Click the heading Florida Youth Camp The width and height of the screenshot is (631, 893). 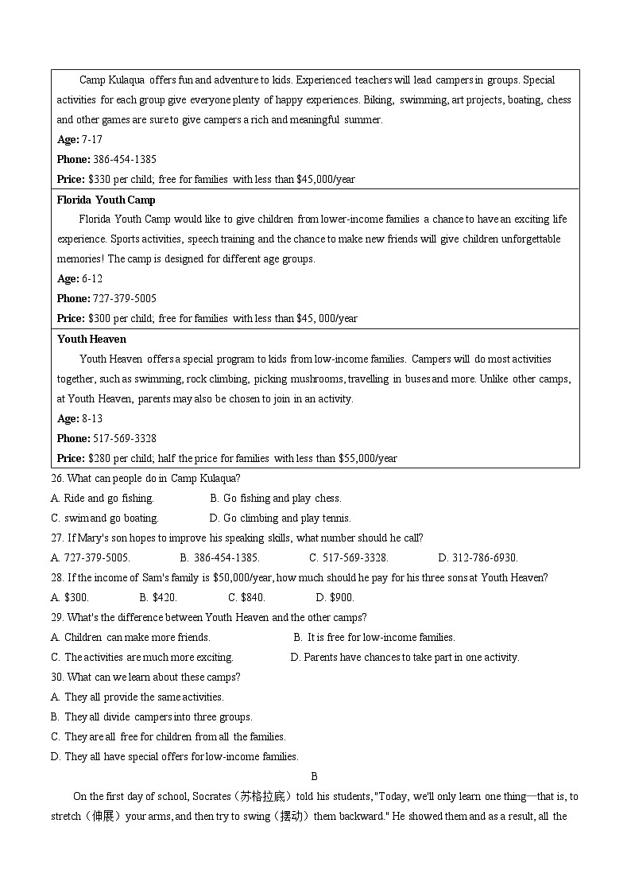(x=106, y=200)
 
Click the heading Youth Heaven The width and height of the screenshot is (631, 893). (x=91, y=339)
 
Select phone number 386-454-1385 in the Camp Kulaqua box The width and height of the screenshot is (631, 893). (x=124, y=159)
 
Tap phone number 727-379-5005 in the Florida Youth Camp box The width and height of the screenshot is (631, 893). (x=124, y=298)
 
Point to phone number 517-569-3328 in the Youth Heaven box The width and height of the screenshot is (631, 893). (x=124, y=438)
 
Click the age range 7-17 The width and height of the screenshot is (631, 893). (x=91, y=139)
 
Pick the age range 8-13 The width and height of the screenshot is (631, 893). (x=91, y=418)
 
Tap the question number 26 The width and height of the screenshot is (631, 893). (x=56, y=478)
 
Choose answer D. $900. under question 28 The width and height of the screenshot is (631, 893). (x=335, y=597)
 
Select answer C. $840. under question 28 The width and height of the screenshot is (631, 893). (x=246, y=597)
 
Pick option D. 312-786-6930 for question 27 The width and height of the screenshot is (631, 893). (x=478, y=557)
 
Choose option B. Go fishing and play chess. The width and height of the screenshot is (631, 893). (x=276, y=498)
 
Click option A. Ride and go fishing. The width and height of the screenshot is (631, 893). (x=102, y=498)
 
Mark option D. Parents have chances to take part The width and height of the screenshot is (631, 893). (x=405, y=657)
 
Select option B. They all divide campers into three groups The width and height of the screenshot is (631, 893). (x=151, y=716)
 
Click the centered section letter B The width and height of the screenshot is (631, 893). (x=314, y=776)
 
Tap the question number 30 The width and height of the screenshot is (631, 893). (x=56, y=677)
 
